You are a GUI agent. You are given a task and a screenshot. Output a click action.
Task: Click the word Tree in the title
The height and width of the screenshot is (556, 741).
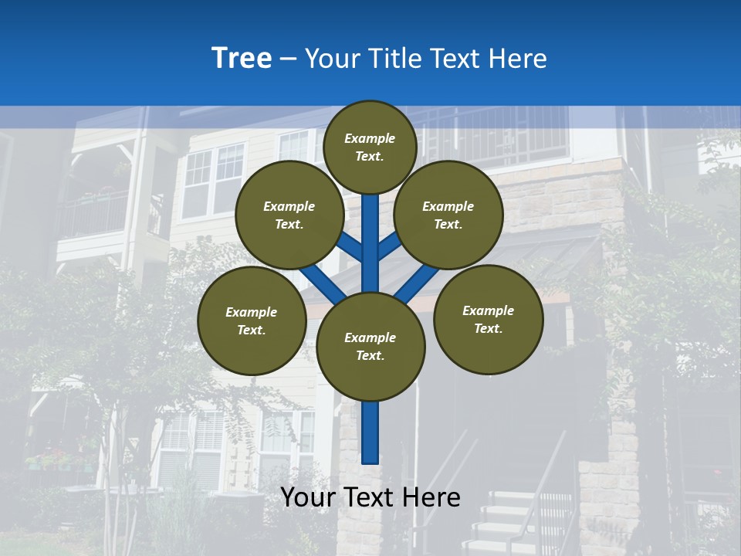pos(242,59)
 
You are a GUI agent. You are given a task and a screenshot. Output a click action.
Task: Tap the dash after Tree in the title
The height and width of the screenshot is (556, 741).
pos(288,59)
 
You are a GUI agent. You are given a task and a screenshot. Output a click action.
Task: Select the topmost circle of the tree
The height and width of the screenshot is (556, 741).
pos(370,147)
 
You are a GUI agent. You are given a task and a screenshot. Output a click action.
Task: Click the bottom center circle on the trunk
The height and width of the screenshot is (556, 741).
pos(370,347)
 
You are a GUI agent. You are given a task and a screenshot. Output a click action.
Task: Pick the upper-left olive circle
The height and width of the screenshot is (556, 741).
pos(289,215)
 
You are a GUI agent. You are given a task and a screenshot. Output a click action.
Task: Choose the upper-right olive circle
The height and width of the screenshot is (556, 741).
pos(448,215)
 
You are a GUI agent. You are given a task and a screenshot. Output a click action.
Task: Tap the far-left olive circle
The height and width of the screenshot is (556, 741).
pos(252,320)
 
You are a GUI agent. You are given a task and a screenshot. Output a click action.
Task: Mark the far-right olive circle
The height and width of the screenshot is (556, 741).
pos(489,319)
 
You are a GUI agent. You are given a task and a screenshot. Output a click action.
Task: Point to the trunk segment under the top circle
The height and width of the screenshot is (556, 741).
pos(370,232)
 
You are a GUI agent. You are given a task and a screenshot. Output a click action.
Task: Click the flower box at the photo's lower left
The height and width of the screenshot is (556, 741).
pos(58,462)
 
